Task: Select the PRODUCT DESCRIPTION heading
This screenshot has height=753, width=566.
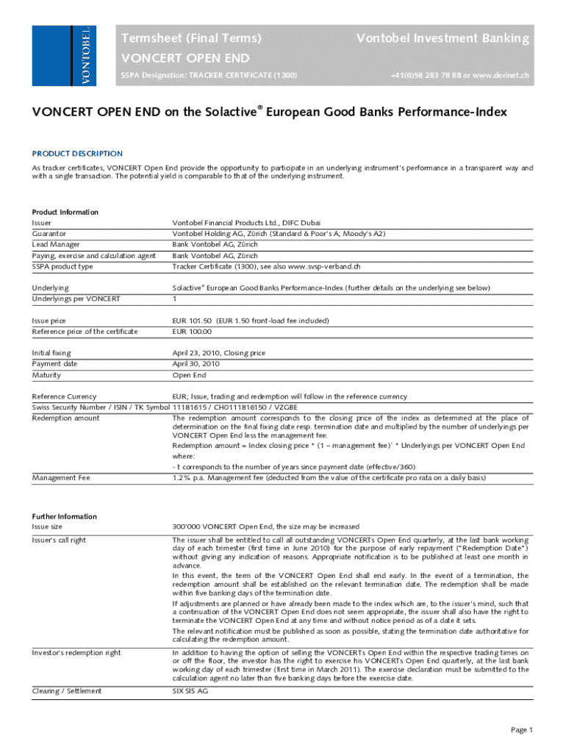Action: coord(77,154)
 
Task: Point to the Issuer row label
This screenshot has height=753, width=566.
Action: coord(42,222)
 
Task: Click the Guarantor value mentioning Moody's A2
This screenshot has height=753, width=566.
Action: coord(279,233)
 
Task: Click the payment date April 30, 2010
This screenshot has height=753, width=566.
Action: coord(196,363)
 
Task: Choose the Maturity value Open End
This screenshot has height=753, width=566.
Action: coord(189,375)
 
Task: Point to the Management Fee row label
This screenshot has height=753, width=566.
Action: coord(61,477)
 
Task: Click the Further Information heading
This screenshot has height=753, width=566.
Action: coord(65,516)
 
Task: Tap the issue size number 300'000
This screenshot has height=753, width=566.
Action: coord(187,527)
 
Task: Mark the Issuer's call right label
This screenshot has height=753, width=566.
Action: coord(59,540)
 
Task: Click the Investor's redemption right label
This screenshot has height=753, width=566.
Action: coord(76,652)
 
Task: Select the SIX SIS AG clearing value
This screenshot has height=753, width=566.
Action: coord(191,690)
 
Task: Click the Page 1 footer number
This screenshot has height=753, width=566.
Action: coord(522,729)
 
